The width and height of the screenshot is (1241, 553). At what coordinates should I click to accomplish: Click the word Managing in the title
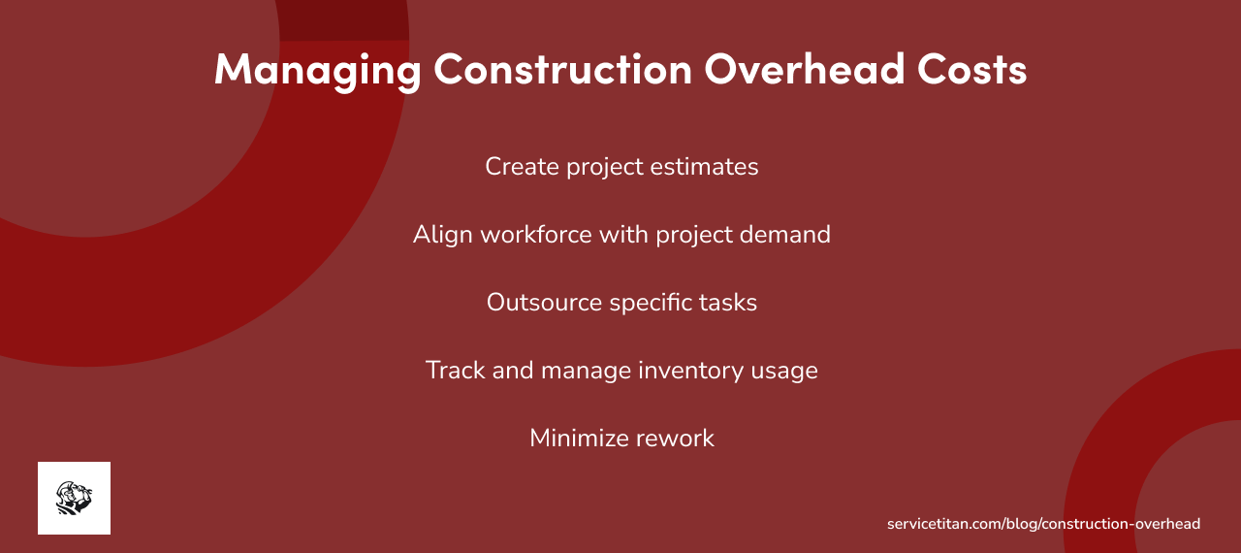tap(317, 70)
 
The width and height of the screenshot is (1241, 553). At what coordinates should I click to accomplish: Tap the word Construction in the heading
tap(562, 70)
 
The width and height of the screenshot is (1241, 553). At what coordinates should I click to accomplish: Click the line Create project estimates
tap(621, 167)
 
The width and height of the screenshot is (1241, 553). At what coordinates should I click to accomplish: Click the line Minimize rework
tap(621, 439)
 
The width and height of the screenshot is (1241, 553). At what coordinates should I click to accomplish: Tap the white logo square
tap(74, 498)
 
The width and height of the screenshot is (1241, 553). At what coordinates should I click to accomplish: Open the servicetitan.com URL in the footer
tap(1043, 524)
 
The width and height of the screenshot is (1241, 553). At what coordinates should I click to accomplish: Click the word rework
tap(677, 439)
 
